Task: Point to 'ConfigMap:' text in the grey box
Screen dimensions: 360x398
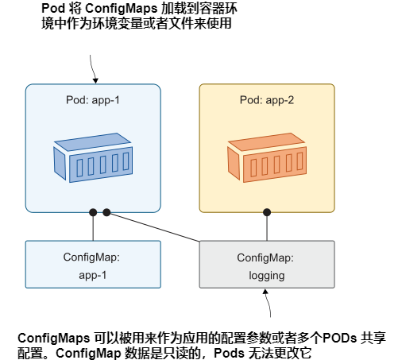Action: (266, 257)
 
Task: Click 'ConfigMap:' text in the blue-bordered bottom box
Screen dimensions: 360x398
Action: (92, 257)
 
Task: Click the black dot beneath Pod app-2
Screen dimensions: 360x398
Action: (267, 213)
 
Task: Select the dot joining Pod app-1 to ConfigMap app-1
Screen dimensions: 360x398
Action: (93, 213)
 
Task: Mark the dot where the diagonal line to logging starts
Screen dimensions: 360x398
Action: (106, 213)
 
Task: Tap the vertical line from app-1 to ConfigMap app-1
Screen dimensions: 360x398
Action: (93, 227)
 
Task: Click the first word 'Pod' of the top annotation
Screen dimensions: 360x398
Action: (52, 10)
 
